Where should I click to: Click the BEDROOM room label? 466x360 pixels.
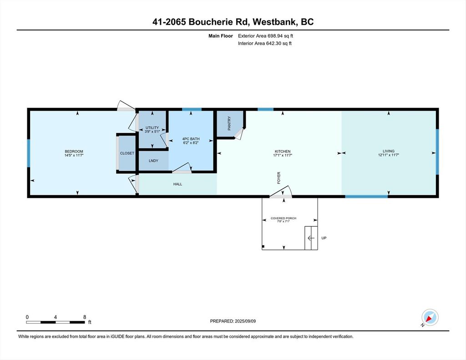coord(73,152)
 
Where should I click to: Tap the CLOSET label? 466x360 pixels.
coord(127,153)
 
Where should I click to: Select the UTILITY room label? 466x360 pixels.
coord(152,128)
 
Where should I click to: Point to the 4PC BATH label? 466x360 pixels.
coord(191,139)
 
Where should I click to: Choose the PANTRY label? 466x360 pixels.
coord(229,123)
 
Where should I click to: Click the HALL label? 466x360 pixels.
coord(177,184)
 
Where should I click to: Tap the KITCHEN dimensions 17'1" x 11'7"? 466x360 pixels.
coord(282,156)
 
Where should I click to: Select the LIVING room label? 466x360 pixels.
coord(388,151)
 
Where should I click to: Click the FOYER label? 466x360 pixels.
coord(279,177)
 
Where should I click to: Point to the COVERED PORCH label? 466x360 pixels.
coord(284,218)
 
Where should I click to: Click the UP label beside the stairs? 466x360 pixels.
coord(324,238)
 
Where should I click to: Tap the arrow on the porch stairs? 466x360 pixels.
coord(311,238)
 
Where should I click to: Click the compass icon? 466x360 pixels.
coord(430,317)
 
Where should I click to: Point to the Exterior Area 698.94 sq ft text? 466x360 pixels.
coord(268,35)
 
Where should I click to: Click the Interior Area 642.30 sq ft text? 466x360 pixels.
coord(264,44)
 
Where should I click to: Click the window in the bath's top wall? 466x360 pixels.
coord(192,109)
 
